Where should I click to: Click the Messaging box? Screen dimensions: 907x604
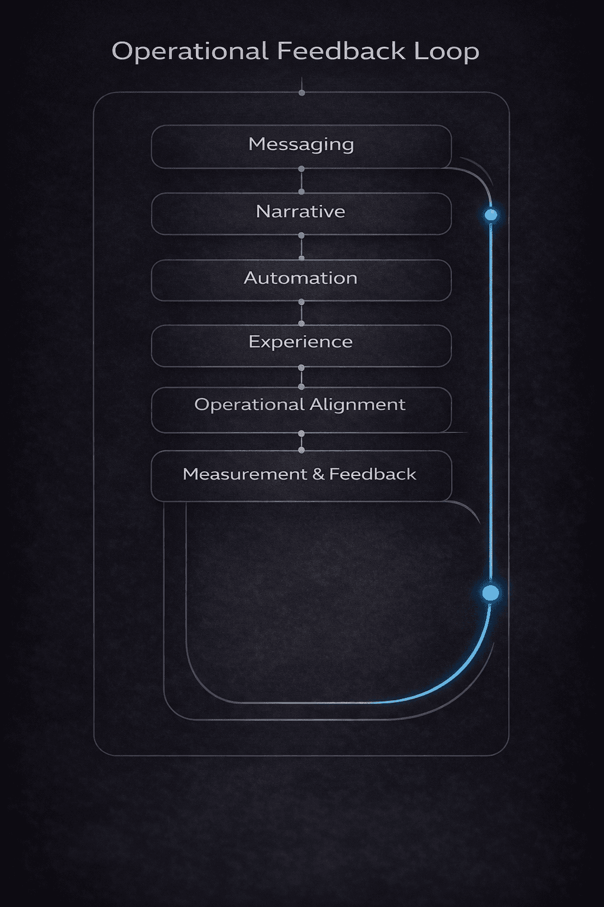(x=301, y=146)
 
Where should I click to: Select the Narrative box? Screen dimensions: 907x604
(x=301, y=213)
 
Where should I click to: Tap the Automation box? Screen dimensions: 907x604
(x=301, y=280)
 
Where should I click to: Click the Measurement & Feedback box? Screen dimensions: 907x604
(x=301, y=475)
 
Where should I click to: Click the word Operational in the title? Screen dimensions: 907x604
(x=190, y=51)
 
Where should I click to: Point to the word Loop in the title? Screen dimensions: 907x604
(x=447, y=51)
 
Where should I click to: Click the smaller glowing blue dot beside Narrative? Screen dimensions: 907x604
(x=491, y=215)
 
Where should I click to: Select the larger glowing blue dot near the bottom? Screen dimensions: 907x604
(x=491, y=593)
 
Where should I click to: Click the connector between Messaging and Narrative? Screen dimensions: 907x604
(x=301, y=180)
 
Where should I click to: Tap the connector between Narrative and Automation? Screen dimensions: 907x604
(x=301, y=247)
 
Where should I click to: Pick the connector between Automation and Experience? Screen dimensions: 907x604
(x=301, y=313)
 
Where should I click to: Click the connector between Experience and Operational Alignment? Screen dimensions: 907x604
(x=301, y=377)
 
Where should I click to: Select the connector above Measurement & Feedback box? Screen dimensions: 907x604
(x=301, y=442)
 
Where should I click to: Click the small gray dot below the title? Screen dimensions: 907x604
(x=302, y=93)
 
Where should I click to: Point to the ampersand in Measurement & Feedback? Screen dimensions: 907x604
(x=319, y=474)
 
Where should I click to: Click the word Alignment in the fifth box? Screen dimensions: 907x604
(x=357, y=405)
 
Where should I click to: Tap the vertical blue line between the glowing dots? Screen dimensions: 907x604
(x=491, y=402)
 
